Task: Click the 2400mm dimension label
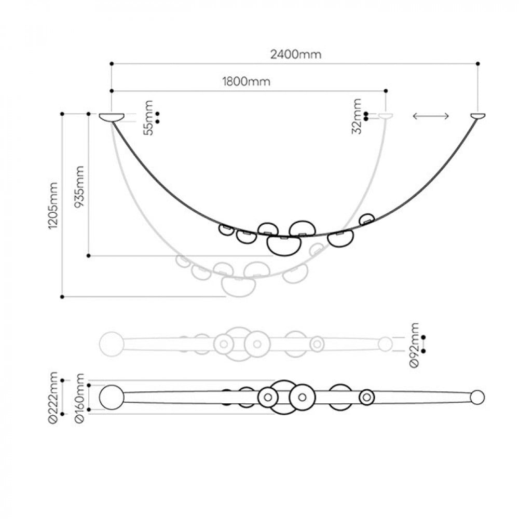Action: (x=296, y=54)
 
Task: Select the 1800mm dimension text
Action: (x=246, y=81)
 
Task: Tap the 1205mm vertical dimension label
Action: (x=53, y=205)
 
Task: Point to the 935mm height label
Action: (x=79, y=186)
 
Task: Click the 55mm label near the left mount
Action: (x=148, y=118)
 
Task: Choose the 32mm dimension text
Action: (x=357, y=116)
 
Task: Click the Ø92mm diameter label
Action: (x=414, y=345)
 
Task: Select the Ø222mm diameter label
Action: (x=53, y=398)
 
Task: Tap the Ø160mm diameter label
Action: (x=79, y=398)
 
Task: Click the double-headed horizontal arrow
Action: (x=431, y=116)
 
